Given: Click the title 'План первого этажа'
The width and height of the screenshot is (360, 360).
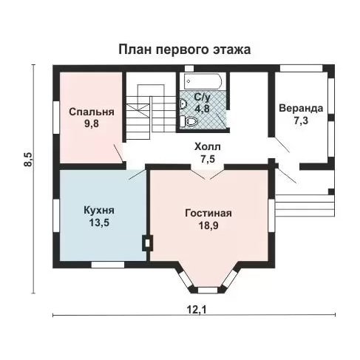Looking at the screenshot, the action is click(185, 50).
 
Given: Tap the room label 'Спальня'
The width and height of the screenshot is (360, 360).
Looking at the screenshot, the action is click(92, 112).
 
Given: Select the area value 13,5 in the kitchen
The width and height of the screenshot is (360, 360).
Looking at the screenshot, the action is click(99, 223).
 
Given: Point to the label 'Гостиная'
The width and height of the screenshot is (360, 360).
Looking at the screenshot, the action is click(208, 213).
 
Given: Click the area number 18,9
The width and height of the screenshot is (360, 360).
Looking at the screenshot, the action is click(208, 225).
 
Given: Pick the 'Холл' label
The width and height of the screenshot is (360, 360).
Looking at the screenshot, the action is click(208, 147).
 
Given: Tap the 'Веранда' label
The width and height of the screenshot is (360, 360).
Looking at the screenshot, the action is click(301, 108).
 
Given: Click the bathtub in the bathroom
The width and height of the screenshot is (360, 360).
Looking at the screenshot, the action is click(203, 81).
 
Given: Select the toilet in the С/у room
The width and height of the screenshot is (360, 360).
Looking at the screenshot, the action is click(189, 121).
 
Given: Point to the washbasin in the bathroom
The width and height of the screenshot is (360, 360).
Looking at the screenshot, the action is click(183, 104).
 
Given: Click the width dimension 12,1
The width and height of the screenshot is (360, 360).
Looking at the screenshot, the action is click(197, 309).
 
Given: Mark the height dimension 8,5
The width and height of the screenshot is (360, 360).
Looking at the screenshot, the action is click(28, 160).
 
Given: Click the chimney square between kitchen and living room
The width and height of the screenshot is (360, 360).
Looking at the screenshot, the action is click(148, 243).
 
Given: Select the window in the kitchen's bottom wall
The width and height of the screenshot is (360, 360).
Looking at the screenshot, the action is click(108, 265).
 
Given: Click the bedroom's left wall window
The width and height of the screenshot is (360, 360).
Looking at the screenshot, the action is click(56, 118).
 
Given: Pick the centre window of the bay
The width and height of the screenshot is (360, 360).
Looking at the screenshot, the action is click(208, 290).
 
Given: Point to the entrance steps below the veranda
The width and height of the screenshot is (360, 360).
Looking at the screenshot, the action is click(305, 206).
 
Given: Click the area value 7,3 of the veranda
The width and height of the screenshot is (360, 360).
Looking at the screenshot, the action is click(301, 120).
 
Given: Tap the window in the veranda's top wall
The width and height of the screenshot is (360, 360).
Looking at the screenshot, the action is click(302, 68).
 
